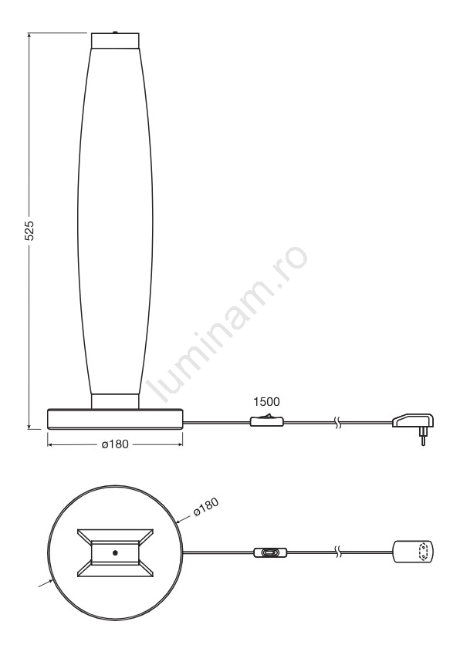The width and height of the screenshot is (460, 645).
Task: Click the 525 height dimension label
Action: [29, 231]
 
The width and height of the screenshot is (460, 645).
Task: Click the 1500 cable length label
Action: [266, 401]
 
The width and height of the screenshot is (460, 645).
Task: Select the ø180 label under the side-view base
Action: [115, 444]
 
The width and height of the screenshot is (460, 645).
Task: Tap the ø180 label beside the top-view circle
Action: [206, 507]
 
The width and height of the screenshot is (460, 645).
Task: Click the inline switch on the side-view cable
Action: [267, 420]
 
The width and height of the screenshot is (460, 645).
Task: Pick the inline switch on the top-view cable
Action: [270, 552]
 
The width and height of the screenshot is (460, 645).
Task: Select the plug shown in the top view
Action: [413, 552]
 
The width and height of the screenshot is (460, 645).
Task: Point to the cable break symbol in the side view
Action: [337, 422]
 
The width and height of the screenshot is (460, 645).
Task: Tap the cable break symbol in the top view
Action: [337, 552]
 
